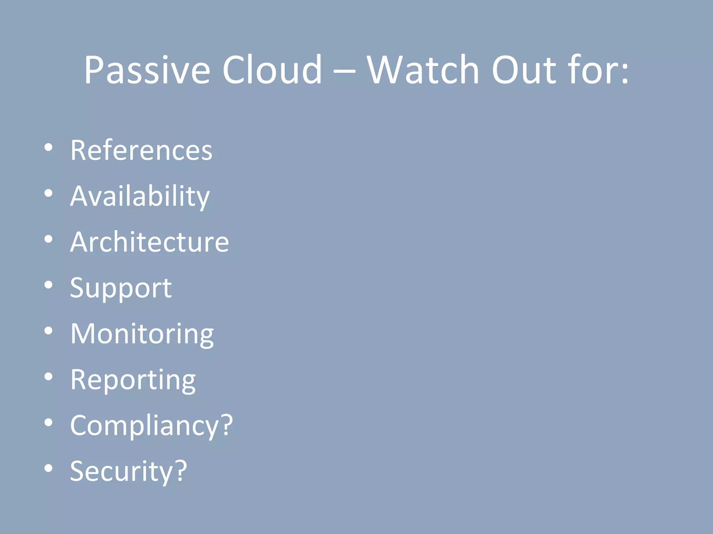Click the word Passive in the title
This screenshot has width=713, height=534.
[147, 71]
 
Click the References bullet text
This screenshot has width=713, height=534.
[141, 150]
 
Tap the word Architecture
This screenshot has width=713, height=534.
[149, 242]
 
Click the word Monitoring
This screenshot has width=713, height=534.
[142, 334]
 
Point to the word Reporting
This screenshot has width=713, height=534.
[133, 380]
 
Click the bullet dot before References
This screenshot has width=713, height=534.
[48, 147]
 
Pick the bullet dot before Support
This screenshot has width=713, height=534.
[48, 285]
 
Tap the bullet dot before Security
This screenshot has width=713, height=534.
[48, 468]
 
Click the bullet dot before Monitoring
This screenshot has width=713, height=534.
[48, 331]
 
